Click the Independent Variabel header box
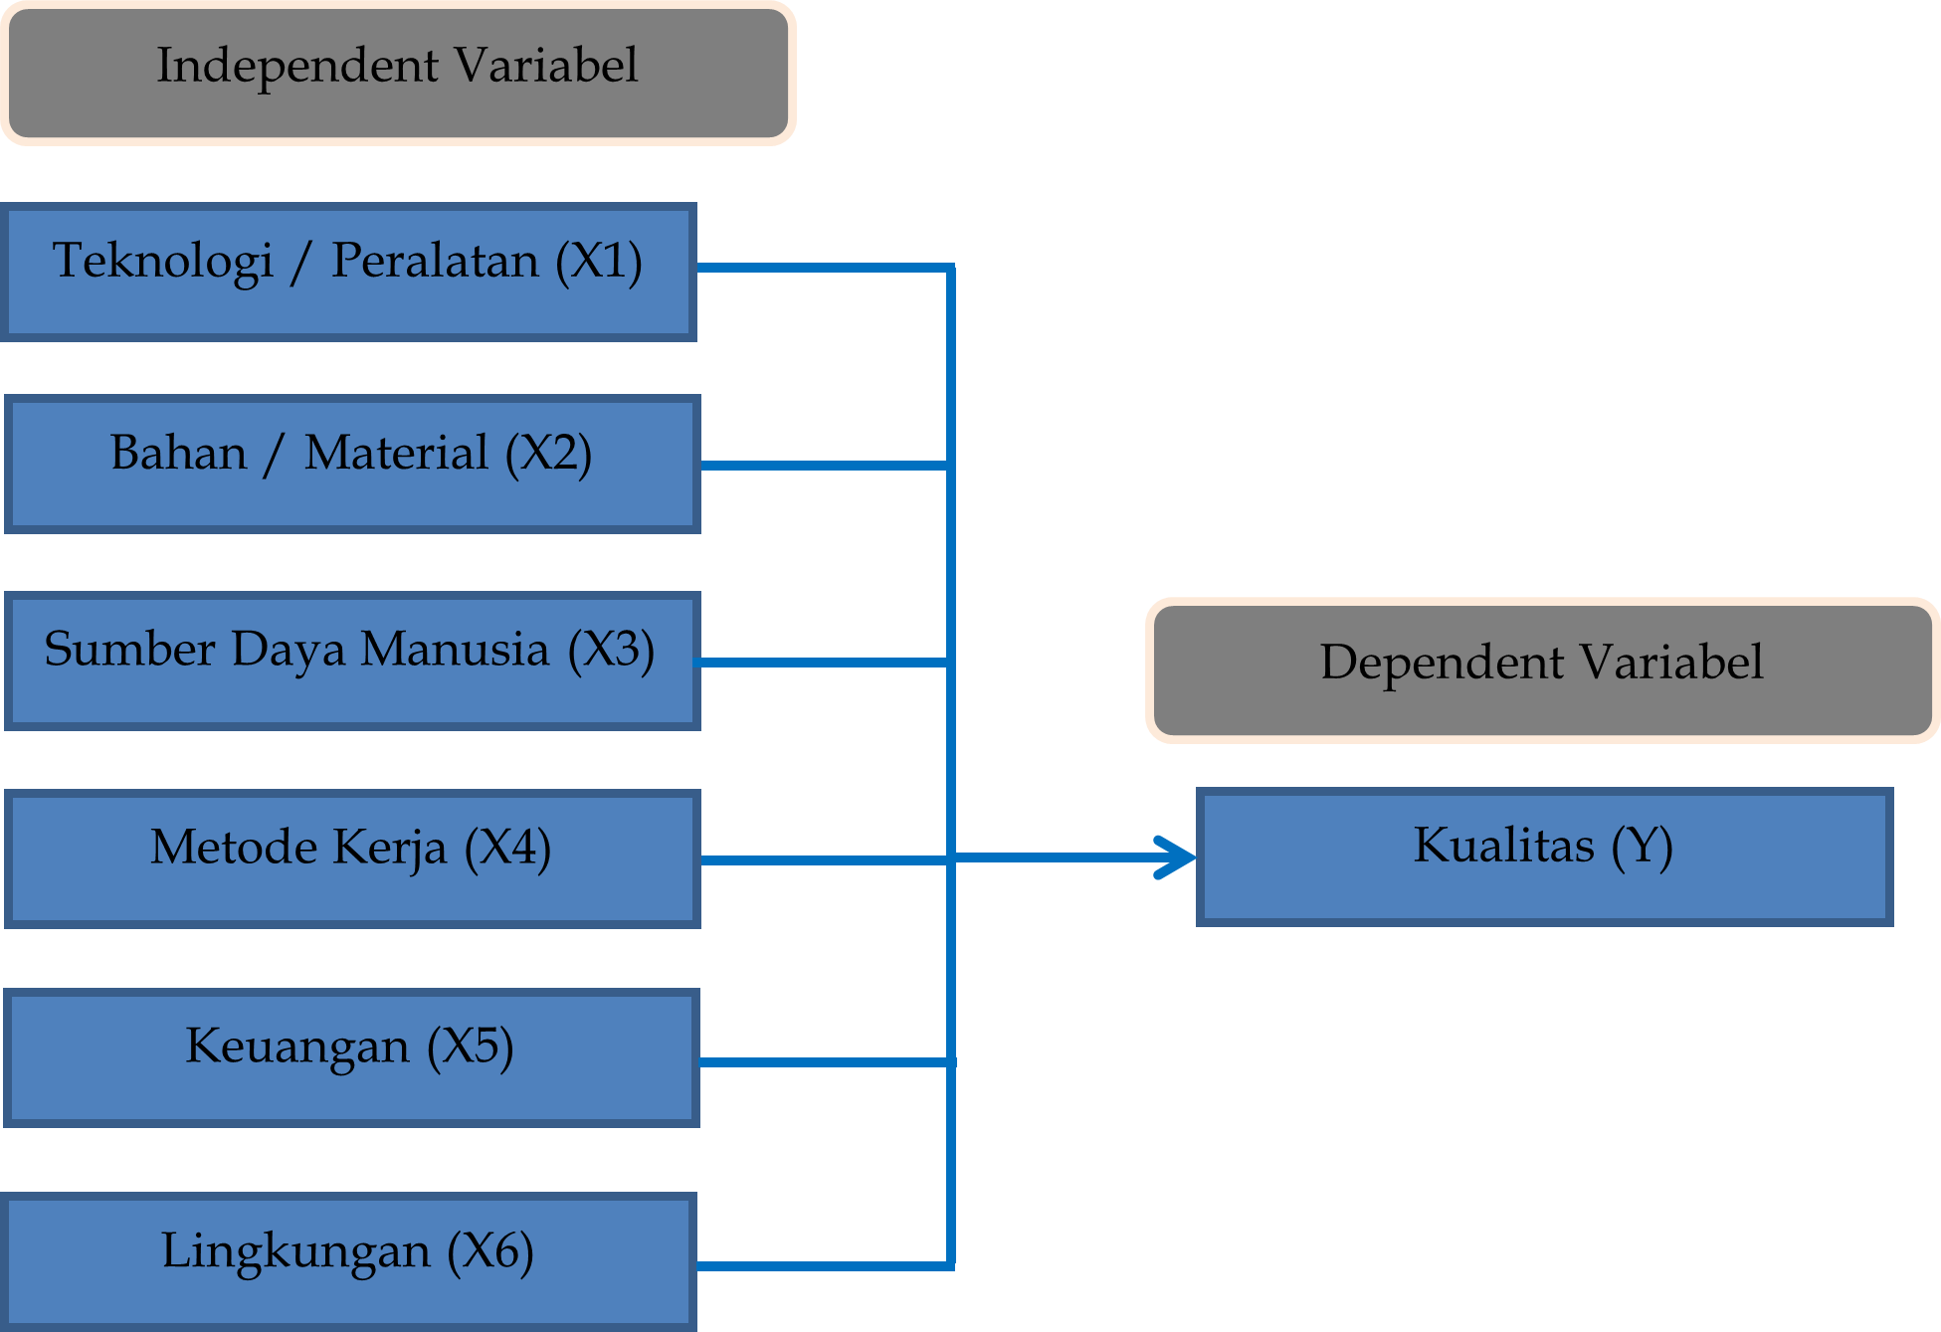398,74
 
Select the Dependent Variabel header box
1542,670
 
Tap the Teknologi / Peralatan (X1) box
348,272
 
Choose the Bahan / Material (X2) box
352,464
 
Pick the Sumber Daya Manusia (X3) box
352,661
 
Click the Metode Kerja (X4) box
352,858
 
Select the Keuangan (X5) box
351,1056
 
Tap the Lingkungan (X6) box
348,1260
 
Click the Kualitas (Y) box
1544,856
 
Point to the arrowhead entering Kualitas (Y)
1179,857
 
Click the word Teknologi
162,263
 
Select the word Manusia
454,650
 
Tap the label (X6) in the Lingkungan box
490,1251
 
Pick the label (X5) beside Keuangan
471,1047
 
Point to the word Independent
297,67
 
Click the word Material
396,454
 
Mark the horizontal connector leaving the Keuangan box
826,1062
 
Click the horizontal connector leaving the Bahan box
826,466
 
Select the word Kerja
390,849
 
